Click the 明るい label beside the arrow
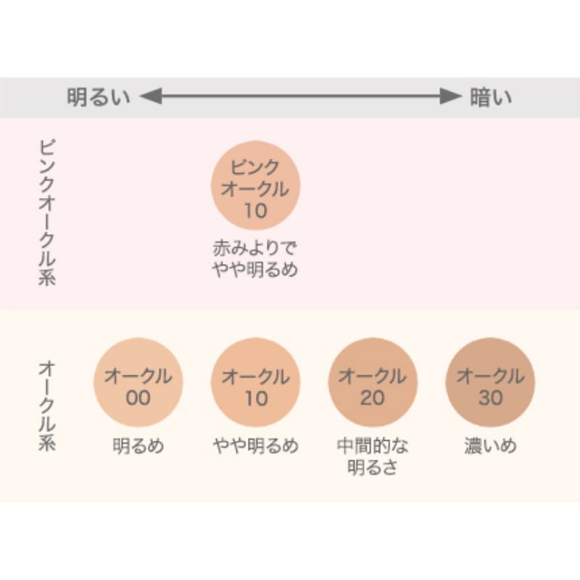(x=99, y=97)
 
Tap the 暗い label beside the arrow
(x=491, y=97)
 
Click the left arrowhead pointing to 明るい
(x=151, y=96)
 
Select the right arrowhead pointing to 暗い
(x=451, y=96)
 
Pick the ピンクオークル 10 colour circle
(x=256, y=185)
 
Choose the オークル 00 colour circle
(x=138, y=382)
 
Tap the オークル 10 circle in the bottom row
(x=256, y=382)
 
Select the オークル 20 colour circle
(x=373, y=382)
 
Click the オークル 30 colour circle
(x=490, y=382)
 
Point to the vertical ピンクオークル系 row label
(x=47, y=212)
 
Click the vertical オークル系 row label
(x=47, y=406)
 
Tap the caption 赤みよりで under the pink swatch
(x=255, y=248)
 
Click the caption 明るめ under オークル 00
(x=138, y=446)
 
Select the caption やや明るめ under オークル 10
(x=256, y=446)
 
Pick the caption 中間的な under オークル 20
(x=373, y=446)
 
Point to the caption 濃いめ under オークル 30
(x=491, y=446)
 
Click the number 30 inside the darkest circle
(x=491, y=398)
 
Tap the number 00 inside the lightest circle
(x=138, y=398)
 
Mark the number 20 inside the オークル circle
(x=373, y=398)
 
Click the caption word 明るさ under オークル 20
(x=373, y=467)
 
